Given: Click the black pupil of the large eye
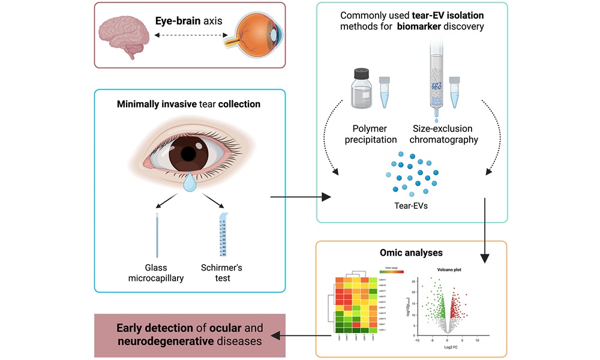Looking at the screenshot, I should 188,154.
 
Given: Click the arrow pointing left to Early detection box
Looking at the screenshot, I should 300,335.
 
